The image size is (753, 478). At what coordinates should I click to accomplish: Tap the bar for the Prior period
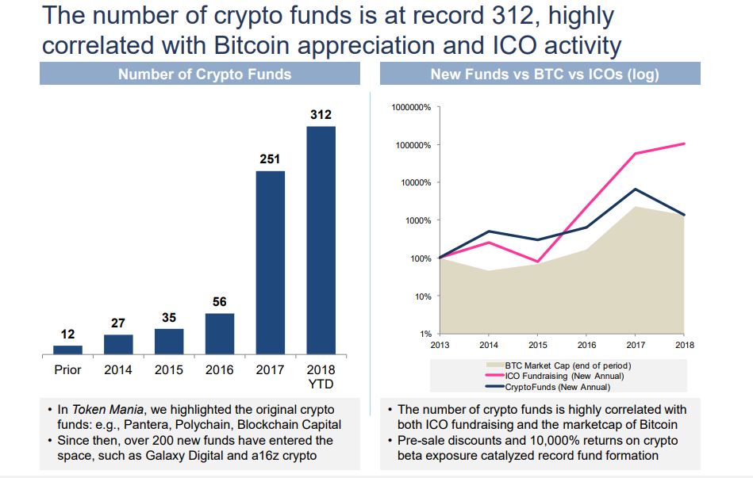[67, 349]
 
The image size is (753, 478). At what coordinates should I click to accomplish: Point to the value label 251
[270, 159]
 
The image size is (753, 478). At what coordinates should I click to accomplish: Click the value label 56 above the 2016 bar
[220, 302]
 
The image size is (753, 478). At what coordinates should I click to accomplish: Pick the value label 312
[321, 115]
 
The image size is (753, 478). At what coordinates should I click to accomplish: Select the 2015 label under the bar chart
[169, 369]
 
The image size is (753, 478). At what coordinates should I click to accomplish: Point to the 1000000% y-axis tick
[411, 107]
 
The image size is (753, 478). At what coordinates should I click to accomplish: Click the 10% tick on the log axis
[422, 296]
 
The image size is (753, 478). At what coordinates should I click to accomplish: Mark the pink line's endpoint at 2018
[685, 143]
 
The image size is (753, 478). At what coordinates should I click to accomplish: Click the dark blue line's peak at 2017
[635, 189]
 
